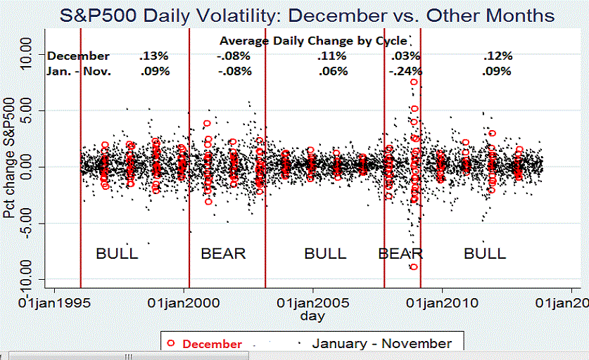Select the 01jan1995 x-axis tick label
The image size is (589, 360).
[55, 302]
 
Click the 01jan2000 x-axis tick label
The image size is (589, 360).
[184, 302]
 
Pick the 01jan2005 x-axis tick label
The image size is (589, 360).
[313, 302]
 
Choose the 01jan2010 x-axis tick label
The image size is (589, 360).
[442, 302]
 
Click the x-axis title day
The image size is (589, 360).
[312, 316]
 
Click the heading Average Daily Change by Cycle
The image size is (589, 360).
[304, 41]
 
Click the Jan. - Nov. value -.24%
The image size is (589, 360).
[405, 71]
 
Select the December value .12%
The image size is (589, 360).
[498, 56]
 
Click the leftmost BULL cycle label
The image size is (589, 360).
[117, 253]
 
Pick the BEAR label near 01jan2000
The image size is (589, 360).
[223, 253]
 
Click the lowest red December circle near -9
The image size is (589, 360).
[414, 266]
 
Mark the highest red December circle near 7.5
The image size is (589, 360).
[414, 82]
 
